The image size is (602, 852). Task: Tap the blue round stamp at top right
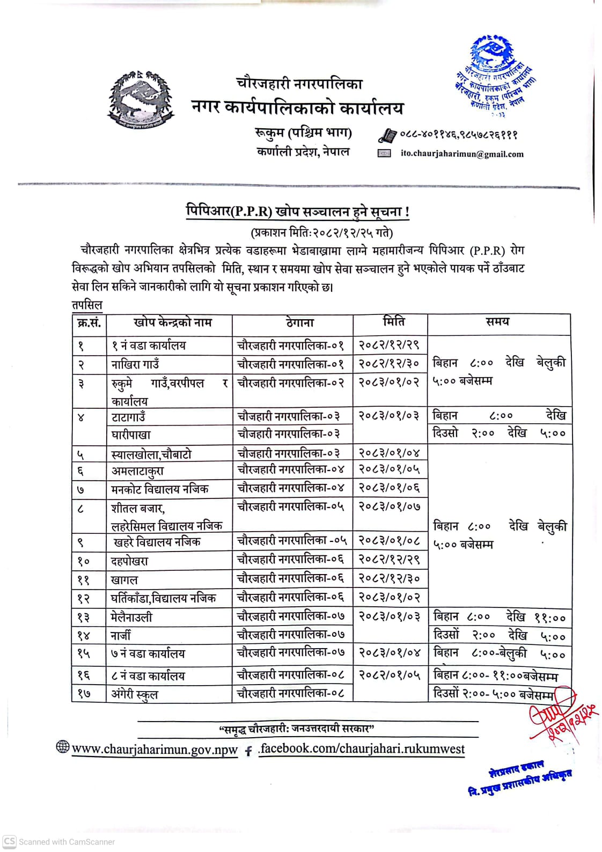pyautogui.click(x=495, y=75)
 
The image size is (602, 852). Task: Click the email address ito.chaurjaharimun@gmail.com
pyautogui.click(x=462, y=154)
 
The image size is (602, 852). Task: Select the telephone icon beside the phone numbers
pyautogui.click(x=387, y=135)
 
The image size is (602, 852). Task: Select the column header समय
pyautogui.click(x=497, y=322)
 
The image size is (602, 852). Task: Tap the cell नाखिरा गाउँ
pyautogui.click(x=135, y=365)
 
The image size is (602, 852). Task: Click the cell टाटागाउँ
pyautogui.click(x=128, y=417)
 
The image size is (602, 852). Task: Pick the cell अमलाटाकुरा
pyautogui.click(x=137, y=471)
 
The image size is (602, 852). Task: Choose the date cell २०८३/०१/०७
pyautogui.click(x=390, y=506)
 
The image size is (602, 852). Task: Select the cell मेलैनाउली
pyautogui.click(x=131, y=617)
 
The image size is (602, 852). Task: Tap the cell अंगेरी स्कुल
pyautogui.click(x=135, y=694)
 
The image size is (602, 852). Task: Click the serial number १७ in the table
pyautogui.click(x=83, y=694)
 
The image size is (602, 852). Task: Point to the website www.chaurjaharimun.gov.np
pyautogui.click(x=155, y=750)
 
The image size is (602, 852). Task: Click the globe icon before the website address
pyautogui.click(x=63, y=746)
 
